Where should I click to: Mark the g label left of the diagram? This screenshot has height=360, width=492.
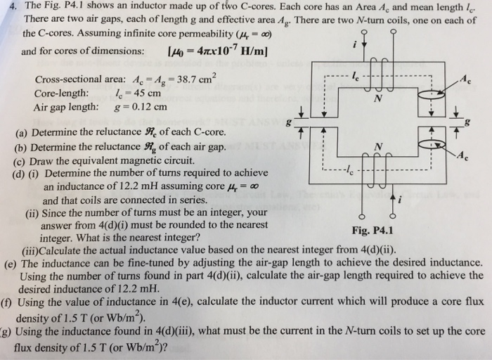(x=289, y=122)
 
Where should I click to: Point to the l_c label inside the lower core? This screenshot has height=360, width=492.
(x=345, y=172)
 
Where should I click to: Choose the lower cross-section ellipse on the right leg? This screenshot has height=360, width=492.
(x=429, y=145)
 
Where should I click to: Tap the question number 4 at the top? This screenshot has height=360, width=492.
(x=6, y=5)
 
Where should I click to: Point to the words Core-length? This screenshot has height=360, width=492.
(x=61, y=94)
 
